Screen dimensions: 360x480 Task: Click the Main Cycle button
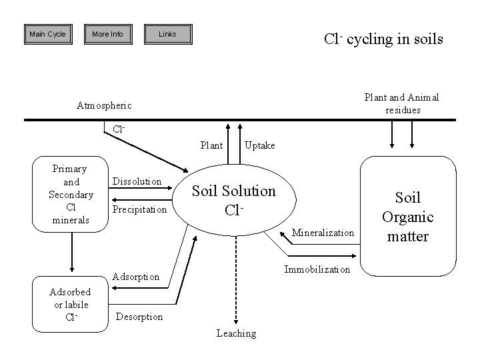tap(48, 34)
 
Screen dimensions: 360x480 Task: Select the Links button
tap(167, 34)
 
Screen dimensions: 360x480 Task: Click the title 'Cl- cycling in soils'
tap(383, 39)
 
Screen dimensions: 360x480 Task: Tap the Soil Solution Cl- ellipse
tap(234, 200)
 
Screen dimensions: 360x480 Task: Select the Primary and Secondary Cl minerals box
tap(71, 194)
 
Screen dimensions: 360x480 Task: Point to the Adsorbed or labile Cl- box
tap(71, 305)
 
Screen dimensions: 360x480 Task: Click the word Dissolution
tap(137, 181)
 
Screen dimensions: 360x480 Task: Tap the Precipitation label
tap(139, 209)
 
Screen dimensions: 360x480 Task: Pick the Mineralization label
tap(323, 233)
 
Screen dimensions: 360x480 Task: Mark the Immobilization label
tap(317, 269)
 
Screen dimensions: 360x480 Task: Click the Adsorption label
tap(136, 276)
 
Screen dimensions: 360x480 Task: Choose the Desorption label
tap(139, 317)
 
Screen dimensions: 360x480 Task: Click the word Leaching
tap(236, 333)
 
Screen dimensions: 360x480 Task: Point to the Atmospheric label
tap(105, 105)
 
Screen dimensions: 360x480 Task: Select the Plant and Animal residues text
tap(401, 103)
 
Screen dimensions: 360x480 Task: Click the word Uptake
tap(260, 145)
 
